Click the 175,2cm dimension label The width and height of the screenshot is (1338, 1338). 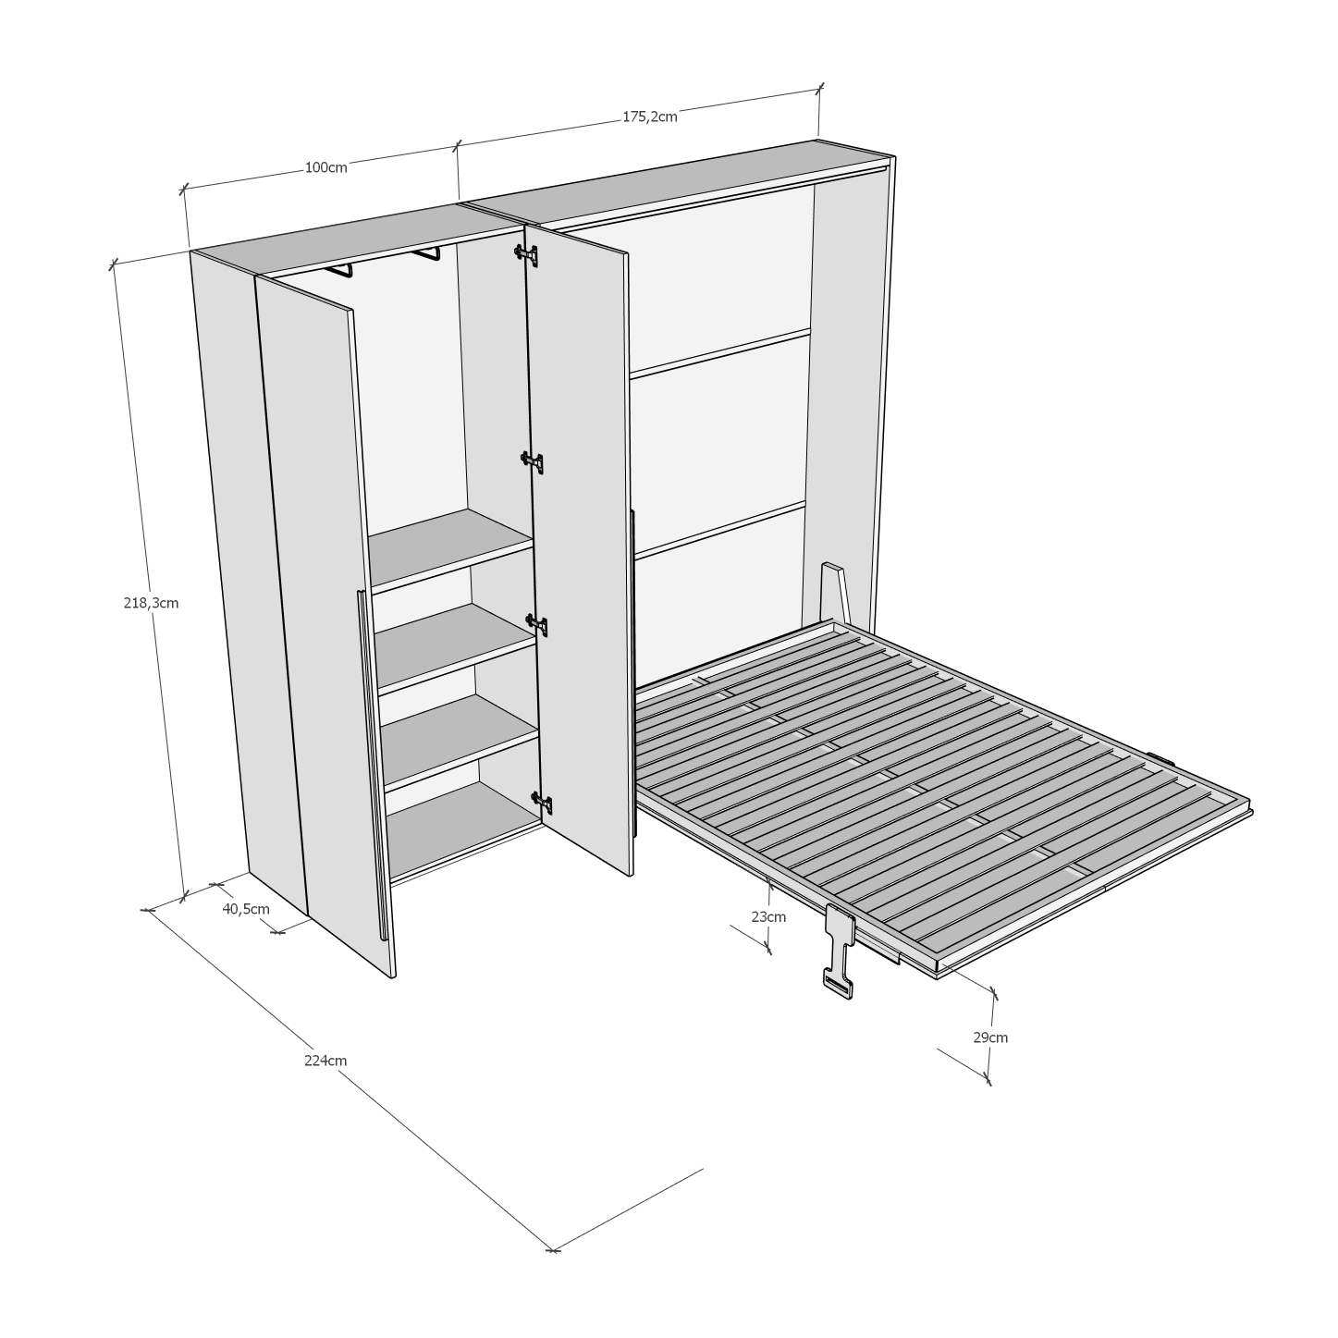649,117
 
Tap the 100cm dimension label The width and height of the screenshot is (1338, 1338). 325,167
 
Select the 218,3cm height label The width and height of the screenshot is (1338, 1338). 151,603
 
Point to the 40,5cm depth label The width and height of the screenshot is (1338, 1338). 246,909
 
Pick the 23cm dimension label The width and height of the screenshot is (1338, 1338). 768,916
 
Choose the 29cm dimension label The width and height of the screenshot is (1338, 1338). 990,1037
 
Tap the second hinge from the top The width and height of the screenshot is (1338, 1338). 533,461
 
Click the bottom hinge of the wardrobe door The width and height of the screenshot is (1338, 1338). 541,804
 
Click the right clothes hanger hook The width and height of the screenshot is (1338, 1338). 425,252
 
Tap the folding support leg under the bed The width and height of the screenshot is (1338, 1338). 839,951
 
